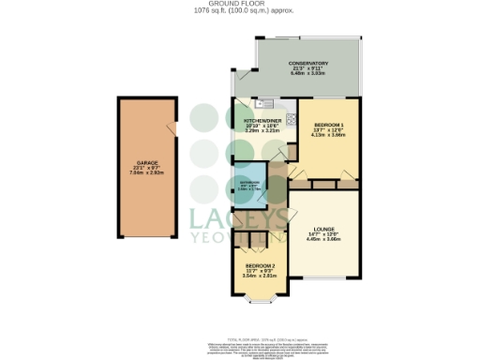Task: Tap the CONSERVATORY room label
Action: coord(308,63)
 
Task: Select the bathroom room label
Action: coord(248,182)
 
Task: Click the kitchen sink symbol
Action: coord(266,103)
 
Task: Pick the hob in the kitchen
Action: coord(289,119)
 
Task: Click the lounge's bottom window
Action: coord(322,278)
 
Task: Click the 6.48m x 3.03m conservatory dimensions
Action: coord(308,74)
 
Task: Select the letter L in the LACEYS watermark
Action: coord(201,219)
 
